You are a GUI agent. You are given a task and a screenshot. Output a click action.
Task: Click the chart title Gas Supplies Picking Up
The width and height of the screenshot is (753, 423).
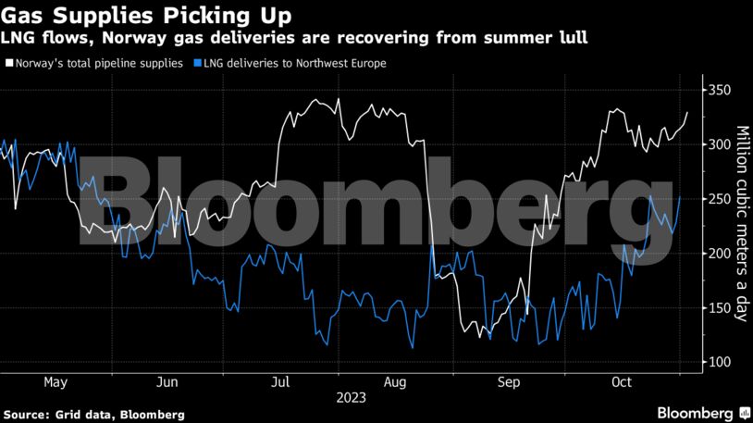[x=149, y=15]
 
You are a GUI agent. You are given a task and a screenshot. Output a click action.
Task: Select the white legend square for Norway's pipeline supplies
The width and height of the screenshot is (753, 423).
[x=8, y=64]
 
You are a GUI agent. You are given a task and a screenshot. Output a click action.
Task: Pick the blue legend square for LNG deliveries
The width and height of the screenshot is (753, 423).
[x=192, y=64]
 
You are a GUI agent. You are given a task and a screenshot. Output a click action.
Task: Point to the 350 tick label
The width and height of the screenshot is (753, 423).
[x=720, y=91]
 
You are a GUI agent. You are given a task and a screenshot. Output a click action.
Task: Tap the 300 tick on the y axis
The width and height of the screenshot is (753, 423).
[x=720, y=144]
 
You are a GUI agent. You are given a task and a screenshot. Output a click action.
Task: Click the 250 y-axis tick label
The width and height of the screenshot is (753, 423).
[x=720, y=199]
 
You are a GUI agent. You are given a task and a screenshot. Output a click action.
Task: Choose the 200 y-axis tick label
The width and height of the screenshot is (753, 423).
[x=720, y=254]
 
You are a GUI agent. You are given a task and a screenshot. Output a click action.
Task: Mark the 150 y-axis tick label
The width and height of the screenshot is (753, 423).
[x=720, y=307]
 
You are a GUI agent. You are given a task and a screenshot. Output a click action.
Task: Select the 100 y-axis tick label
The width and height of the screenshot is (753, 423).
[x=720, y=362]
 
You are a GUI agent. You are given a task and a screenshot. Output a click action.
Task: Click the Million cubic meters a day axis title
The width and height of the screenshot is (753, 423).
[x=742, y=225]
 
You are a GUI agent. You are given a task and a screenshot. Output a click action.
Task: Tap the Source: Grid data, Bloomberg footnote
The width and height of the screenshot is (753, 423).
[x=93, y=414]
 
